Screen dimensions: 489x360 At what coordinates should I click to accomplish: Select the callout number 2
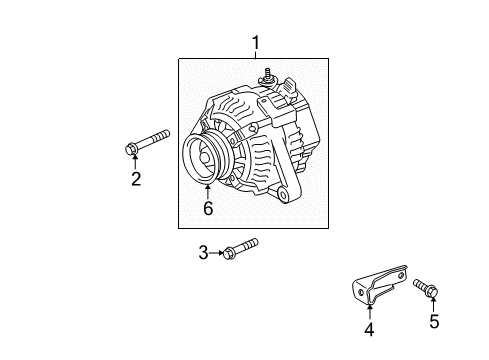click(134, 180)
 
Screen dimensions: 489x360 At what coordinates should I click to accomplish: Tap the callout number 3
click(203, 253)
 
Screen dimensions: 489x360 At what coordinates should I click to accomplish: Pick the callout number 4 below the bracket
click(369, 329)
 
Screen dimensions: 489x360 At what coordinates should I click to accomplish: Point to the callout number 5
click(434, 321)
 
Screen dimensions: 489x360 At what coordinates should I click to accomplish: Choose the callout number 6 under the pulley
click(208, 208)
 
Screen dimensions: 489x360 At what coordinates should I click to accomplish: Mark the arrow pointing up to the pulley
click(208, 191)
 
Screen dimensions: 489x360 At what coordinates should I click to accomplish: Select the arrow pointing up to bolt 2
click(134, 162)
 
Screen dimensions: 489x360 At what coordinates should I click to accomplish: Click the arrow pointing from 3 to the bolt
click(216, 253)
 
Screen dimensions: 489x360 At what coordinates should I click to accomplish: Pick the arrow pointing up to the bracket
click(369, 311)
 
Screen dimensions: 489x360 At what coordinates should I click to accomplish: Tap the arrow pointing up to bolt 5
click(434, 304)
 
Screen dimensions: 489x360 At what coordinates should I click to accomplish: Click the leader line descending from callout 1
click(255, 54)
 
